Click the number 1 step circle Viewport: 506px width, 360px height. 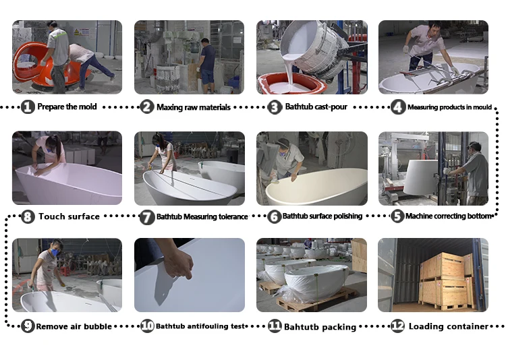[x=28, y=107]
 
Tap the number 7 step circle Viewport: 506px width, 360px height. [x=147, y=217]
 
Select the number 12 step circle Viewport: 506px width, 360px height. [x=397, y=326]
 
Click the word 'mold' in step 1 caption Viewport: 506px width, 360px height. [x=87, y=107]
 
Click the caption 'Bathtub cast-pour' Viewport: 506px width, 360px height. [x=316, y=107]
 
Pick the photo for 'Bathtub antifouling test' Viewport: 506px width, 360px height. [x=190, y=275]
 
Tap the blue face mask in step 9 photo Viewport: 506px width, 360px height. [x=55, y=252]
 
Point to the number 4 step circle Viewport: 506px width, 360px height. [x=398, y=107]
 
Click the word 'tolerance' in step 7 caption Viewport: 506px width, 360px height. [x=233, y=216]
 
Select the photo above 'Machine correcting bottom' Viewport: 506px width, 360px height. [x=433, y=169]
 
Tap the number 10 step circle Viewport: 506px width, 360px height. [x=147, y=326]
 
